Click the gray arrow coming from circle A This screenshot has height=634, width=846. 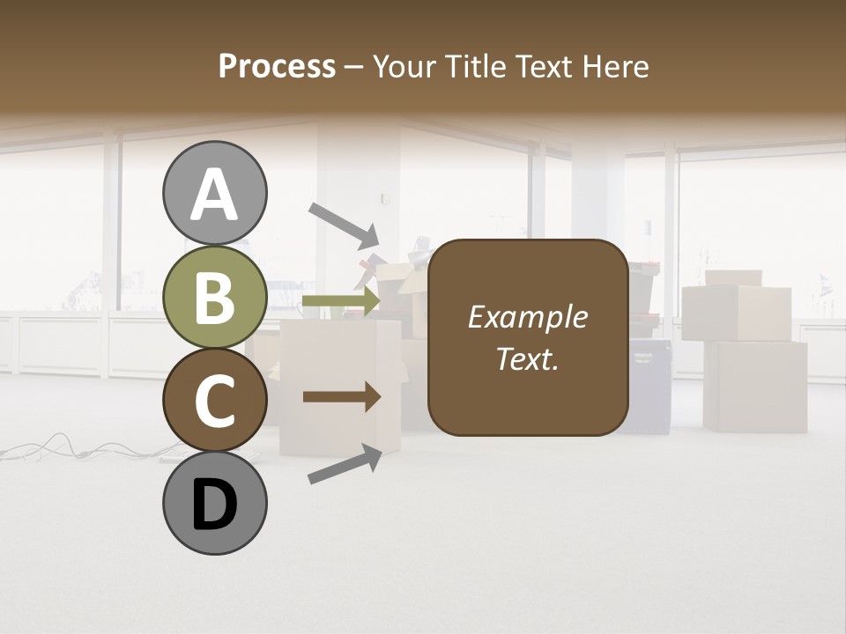click(x=343, y=225)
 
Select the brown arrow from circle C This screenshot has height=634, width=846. click(x=341, y=397)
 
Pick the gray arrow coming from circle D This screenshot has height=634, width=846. click(x=345, y=463)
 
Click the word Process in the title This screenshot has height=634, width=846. click(x=277, y=67)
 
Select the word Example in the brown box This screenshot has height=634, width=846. click(x=528, y=317)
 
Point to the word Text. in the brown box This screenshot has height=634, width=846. click(x=528, y=358)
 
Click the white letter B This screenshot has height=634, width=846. click(x=214, y=298)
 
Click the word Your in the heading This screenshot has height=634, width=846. click(x=401, y=67)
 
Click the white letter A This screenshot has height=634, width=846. click(x=214, y=195)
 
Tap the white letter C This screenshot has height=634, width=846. click(x=214, y=401)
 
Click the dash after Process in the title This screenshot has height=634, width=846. click(x=354, y=68)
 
